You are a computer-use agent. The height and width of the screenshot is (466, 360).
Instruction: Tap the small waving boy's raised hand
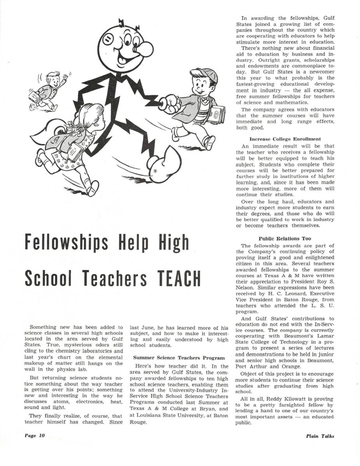click(65, 77)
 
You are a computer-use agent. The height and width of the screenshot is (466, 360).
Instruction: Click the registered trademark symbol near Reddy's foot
click(155, 171)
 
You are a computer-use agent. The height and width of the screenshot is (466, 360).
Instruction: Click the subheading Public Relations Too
click(285, 238)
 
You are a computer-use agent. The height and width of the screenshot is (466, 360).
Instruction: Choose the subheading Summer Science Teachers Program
click(179, 357)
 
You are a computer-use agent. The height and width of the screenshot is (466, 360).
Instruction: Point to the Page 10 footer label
click(35, 435)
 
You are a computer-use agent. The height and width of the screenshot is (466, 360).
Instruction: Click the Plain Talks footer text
click(320, 436)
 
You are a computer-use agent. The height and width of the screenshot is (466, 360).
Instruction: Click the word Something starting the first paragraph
click(43, 328)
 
